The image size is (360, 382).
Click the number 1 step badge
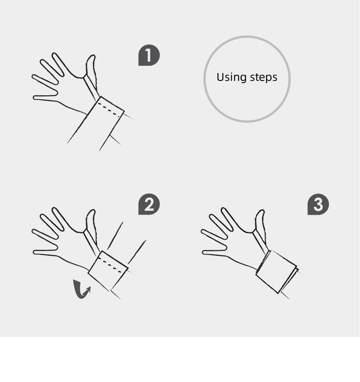(x=149, y=55)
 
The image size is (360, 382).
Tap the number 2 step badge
(x=149, y=204)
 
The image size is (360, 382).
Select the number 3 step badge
(x=318, y=204)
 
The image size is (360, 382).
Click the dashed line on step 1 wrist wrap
(x=109, y=110)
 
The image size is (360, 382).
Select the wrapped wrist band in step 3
(x=276, y=271)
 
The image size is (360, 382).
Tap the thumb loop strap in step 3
(x=261, y=241)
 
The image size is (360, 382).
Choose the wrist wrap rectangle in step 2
(x=108, y=271)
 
